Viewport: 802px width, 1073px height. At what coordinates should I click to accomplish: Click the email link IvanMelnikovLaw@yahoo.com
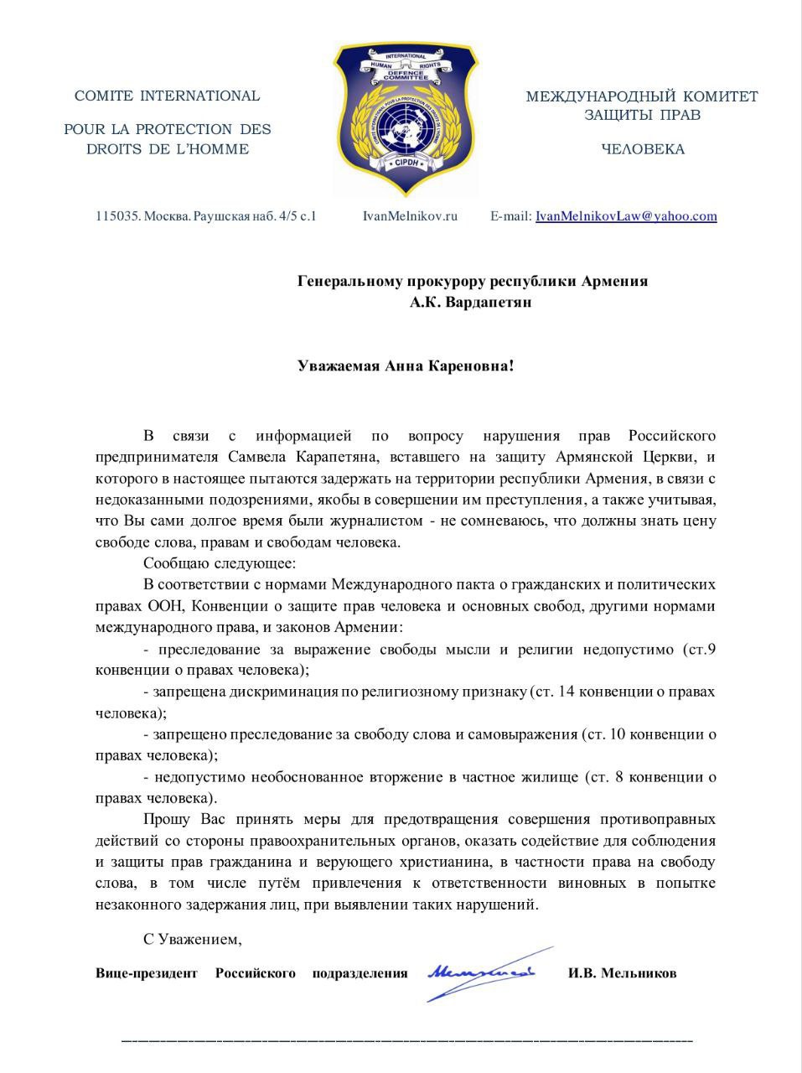coord(626,216)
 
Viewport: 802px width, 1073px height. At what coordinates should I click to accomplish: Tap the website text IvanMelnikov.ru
coord(410,216)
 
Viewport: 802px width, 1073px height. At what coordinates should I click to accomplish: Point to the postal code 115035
coord(116,216)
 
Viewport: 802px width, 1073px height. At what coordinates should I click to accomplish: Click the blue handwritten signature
coord(481,973)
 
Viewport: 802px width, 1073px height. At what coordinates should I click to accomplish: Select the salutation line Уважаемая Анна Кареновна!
coord(406,365)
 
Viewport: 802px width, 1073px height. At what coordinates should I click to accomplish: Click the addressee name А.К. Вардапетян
coord(470,302)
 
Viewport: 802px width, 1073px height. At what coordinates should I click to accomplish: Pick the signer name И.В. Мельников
coord(622,973)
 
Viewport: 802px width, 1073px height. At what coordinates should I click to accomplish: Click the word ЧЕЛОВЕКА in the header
coord(642,149)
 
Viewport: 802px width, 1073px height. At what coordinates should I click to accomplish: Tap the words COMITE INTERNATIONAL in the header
coord(167,96)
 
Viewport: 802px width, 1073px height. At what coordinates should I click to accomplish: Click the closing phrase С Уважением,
coord(193,939)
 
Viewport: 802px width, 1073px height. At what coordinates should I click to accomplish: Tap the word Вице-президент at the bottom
coord(147,973)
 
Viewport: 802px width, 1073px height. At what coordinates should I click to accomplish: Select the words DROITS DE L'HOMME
coord(167,149)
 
